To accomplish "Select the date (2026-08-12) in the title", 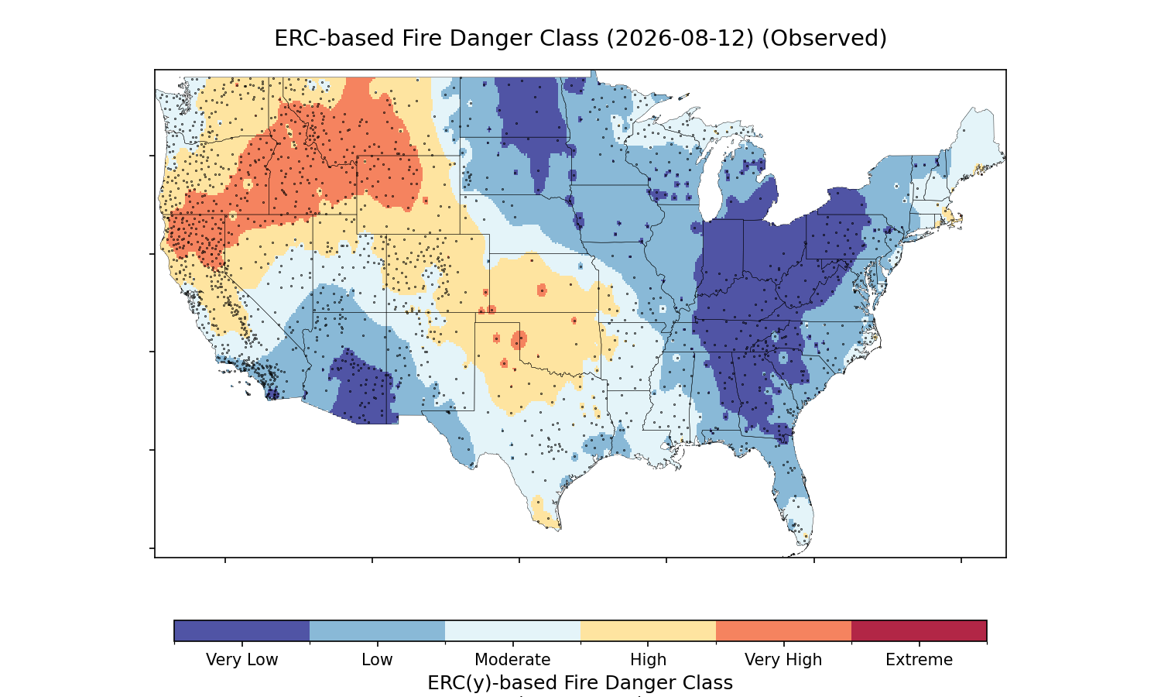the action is (x=680, y=39).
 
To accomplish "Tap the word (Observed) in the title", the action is (x=824, y=39).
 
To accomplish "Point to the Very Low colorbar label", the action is (x=242, y=660).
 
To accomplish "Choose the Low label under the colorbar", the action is (x=378, y=660).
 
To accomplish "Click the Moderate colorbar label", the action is (x=512, y=660).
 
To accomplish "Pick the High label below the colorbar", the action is (x=649, y=660).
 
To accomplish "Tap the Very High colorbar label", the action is (x=783, y=660).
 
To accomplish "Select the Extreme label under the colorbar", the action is (x=919, y=660).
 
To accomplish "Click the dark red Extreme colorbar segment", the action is (x=919, y=630).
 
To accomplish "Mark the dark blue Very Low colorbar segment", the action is (x=242, y=630).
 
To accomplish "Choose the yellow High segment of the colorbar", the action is (x=649, y=630).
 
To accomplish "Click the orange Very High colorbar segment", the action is (x=783, y=630).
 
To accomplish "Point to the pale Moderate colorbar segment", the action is (x=512, y=630).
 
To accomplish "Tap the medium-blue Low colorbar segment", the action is (x=378, y=630).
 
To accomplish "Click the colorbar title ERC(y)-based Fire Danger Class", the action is (x=580, y=683).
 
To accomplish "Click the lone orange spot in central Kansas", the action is (x=542, y=290).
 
